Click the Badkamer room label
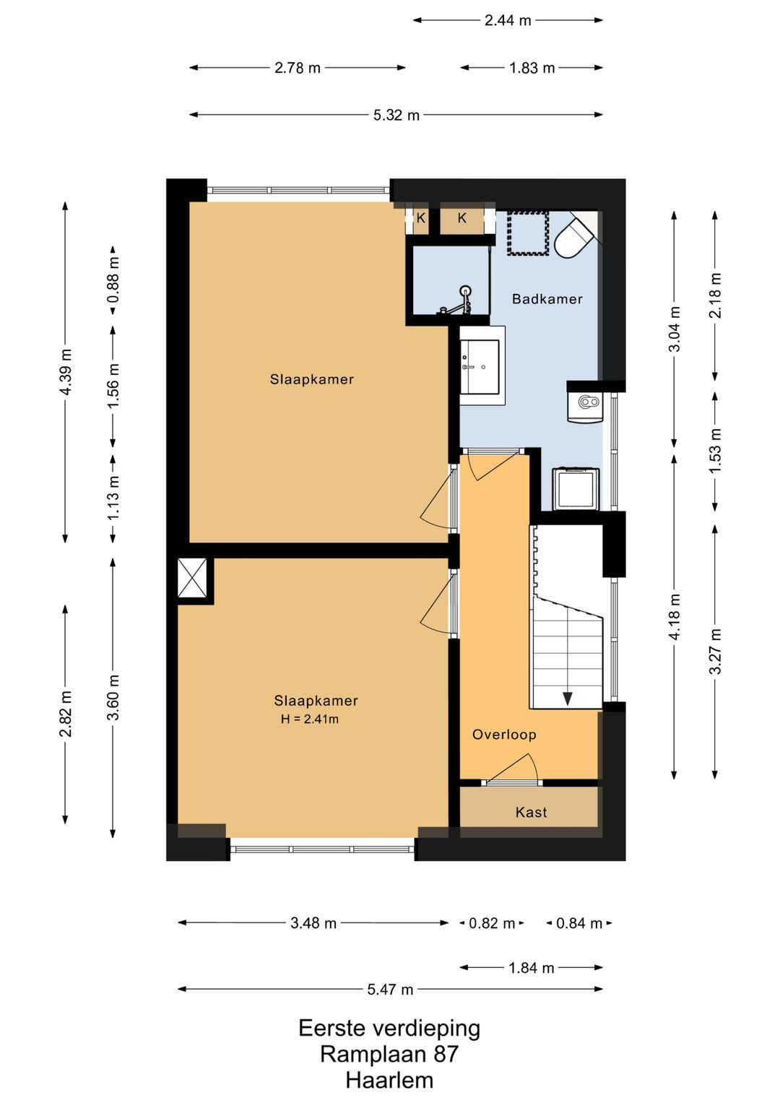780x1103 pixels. pos(547,299)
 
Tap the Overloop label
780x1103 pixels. pos(504,735)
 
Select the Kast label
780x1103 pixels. pos(531,812)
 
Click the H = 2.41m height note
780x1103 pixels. pos(310,719)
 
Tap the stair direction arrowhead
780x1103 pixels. pos(567,698)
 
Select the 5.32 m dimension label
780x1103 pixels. pos(396,116)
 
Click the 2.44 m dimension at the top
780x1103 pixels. pos(508,20)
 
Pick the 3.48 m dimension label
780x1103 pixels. pos(313,922)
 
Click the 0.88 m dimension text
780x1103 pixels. pos(114,280)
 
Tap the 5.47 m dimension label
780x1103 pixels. pos(390,990)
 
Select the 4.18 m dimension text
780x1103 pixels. pos(674,616)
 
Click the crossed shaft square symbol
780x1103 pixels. pos(193,578)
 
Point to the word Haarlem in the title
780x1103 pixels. pos(389,1081)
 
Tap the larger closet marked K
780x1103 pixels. pos(461,218)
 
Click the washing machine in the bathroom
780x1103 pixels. pos(576,489)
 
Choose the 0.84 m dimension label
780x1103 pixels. pos(579,922)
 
